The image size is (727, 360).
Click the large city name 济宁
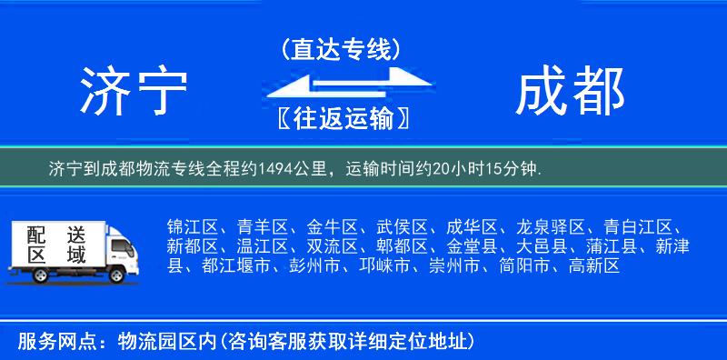tap(134, 91)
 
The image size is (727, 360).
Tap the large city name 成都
tap(571, 91)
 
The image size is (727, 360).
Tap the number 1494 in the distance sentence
tap(276, 168)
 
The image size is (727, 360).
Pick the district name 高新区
tap(593, 266)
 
